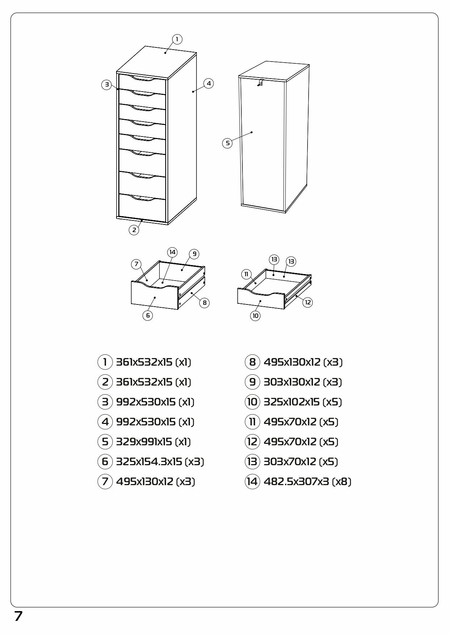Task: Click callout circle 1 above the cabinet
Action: [177, 39]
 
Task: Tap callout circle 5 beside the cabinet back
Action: [228, 143]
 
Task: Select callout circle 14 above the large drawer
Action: [172, 252]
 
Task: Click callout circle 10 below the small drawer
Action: [255, 316]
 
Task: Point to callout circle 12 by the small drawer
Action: [308, 302]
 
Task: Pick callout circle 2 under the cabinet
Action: [134, 230]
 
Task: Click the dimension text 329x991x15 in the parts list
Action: [144, 442]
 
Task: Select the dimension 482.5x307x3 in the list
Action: [296, 481]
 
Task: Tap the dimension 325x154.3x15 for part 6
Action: [149, 462]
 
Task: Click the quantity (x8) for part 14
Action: [342, 481]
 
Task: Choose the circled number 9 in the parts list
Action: [252, 382]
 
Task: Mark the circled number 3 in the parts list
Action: [105, 402]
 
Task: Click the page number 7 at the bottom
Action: [18, 616]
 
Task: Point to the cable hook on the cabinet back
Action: [260, 83]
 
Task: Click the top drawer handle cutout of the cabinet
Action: [143, 78]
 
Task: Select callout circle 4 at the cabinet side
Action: [209, 84]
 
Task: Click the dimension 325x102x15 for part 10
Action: [292, 402]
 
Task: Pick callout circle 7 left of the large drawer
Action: [136, 264]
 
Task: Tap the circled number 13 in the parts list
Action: [252, 462]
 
